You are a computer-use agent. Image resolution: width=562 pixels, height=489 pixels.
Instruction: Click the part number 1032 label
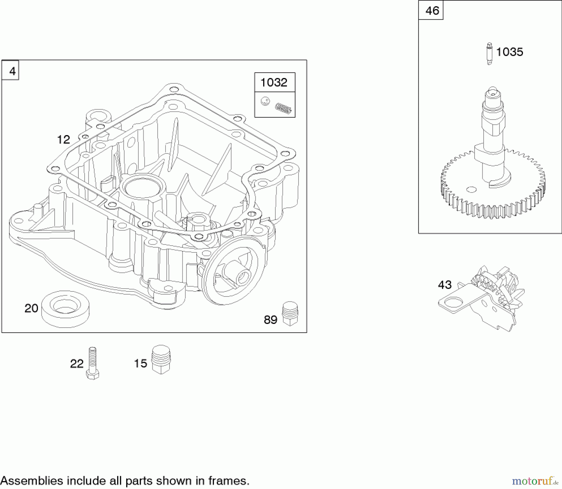pyautogui.click(x=274, y=82)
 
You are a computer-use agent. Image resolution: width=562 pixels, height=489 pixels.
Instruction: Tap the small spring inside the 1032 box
pyautogui.click(x=283, y=109)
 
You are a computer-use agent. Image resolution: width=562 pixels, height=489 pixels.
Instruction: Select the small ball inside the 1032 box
pyautogui.click(x=265, y=101)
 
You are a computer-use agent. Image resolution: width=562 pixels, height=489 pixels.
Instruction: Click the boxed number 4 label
pyautogui.click(x=12, y=71)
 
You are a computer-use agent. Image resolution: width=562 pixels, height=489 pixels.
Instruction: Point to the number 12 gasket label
pyautogui.click(x=63, y=139)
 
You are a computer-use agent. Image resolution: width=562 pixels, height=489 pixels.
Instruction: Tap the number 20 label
pyautogui.click(x=31, y=308)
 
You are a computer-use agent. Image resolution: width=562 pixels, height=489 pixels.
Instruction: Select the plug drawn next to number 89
pyautogui.click(x=290, y=314)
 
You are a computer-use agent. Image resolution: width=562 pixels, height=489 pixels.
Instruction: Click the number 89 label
pyautogui.click(x=270, y=320)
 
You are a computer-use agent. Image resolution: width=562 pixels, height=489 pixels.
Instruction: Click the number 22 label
pyautogui.click(x=77, y=364)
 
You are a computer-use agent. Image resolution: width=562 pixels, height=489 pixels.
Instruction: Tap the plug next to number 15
pyautogui.click(x=161, y=359)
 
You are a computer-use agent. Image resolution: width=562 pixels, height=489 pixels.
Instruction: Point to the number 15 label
pyautogui.click(x=140, y=363)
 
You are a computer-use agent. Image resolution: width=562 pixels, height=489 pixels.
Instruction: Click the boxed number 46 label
pyautogui.click(x=432, y=11)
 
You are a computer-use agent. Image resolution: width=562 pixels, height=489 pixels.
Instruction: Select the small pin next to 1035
pyautogui.click(x=490, y=53)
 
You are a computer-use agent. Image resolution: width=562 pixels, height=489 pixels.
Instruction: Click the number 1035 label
pyautogui.click(x=509, y=52)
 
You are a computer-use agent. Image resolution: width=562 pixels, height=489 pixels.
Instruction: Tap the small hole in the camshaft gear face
pyautogui.click(x=471, y=189)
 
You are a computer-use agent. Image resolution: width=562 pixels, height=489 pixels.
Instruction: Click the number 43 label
pyautogui.click(x=445, y=285)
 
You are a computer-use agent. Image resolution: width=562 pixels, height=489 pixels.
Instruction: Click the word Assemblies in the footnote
pyautogui.click(x=32, y=481)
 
